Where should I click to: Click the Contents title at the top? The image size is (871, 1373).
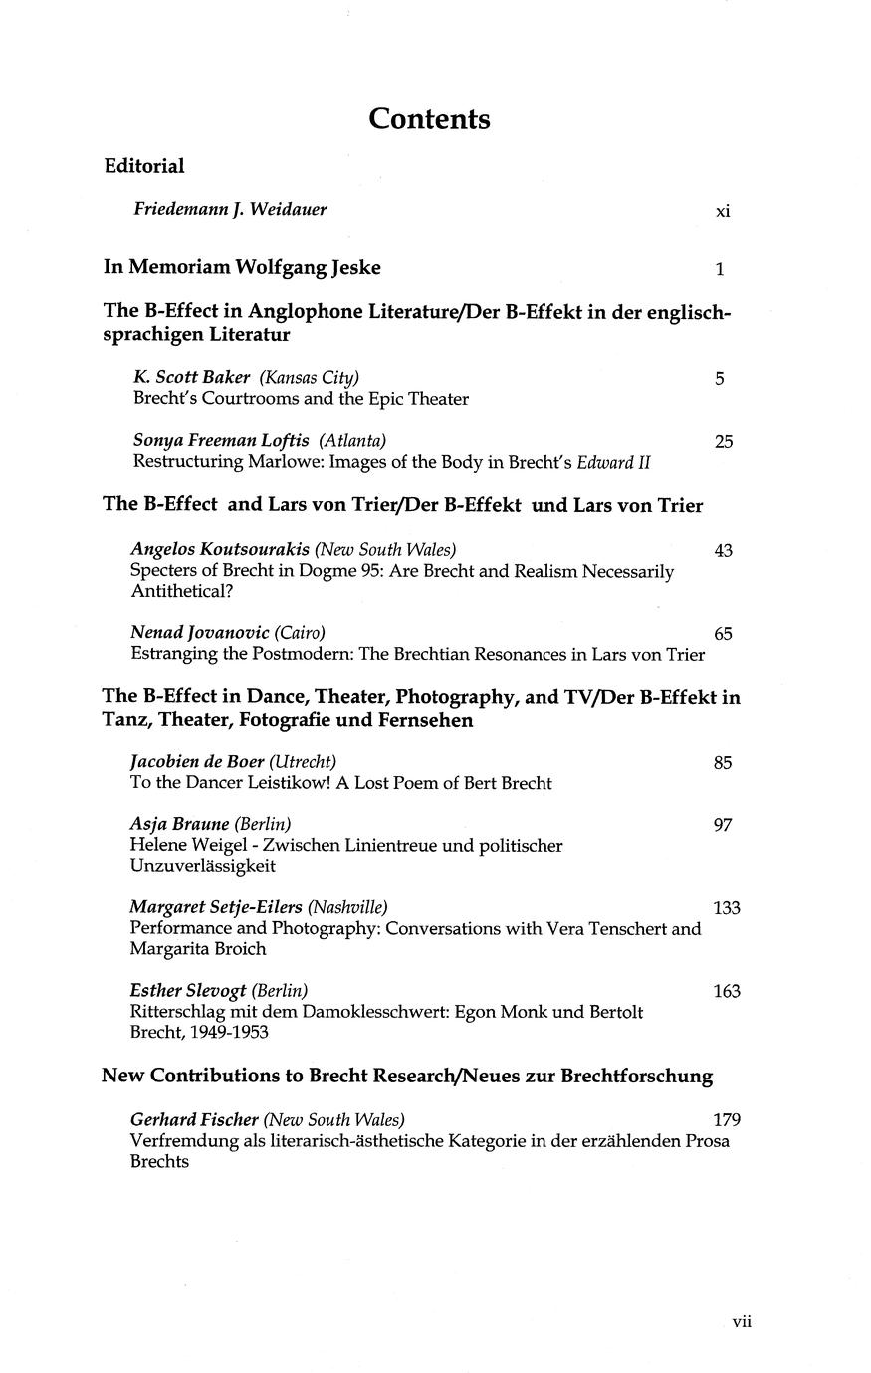pyautogui.click(x=429, y=119)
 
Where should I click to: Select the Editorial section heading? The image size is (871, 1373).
pyautogui.click(x=144, y=166)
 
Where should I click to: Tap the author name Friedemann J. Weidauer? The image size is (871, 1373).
pyautogui.click(x=230, y=209)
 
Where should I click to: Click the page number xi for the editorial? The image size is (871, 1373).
pyautogui.click(x=723, y=211)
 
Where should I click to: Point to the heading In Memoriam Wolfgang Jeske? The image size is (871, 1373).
pyautogui.click(x=242, y=267)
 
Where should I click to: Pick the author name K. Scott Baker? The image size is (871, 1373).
pyautogui.click(x=191, y=377)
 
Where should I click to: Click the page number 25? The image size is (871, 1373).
pyautogui.click(x=724, y=441)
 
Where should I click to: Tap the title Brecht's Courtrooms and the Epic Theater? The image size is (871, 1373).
pyautogui.click(x=301, y=399)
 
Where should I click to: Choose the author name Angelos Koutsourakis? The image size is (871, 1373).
pyautogui.click(x=220, y=549)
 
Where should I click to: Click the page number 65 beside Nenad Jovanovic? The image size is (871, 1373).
pyautogui.click(x=724, y=634)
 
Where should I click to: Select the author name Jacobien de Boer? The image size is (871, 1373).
pyautogui.click(x=197, y=762)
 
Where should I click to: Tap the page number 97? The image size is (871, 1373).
pyautogui.click(x=724, y=825)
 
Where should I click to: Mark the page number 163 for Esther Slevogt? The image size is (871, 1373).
pyautogui.click(x=727, y=992)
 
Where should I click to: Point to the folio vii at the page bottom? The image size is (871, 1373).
pyautogui.click(x=742, y=1322)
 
